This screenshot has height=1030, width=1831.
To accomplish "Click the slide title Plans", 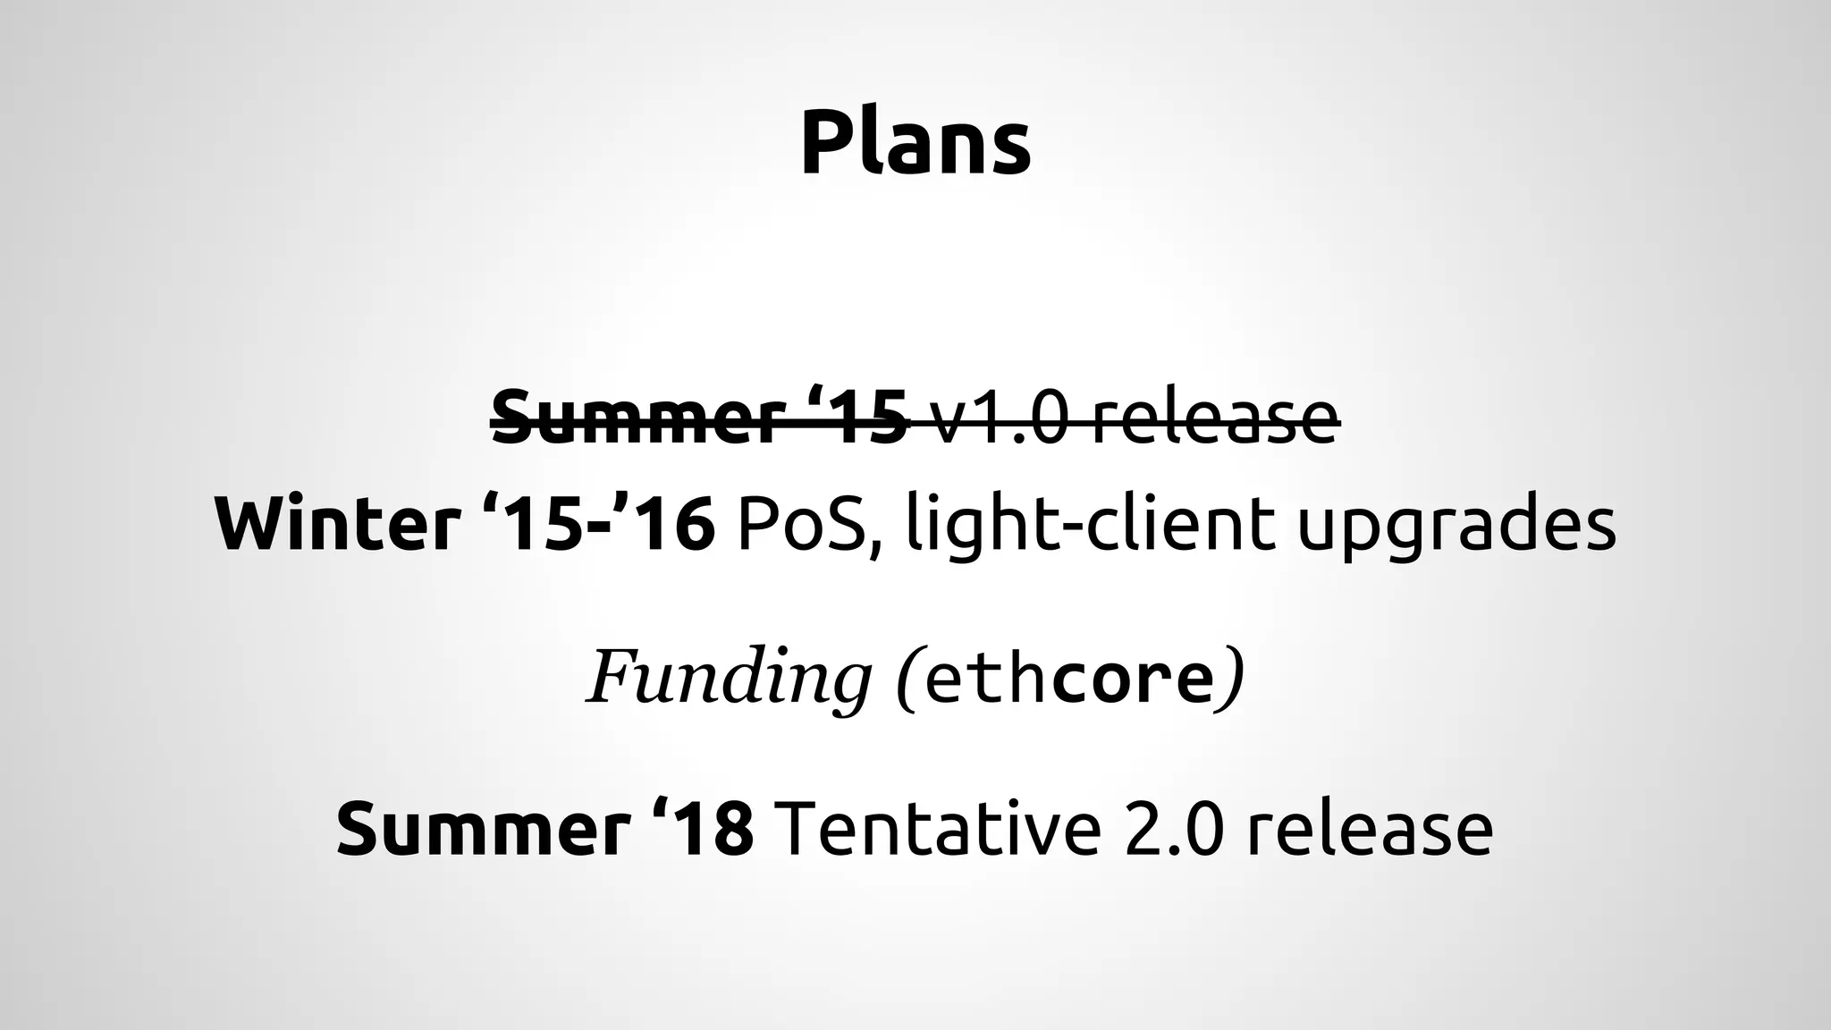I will click(915, 144).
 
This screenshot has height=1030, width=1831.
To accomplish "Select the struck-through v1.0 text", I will click(998, 418).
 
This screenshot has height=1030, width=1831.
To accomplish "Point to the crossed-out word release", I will click(1217, 418).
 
